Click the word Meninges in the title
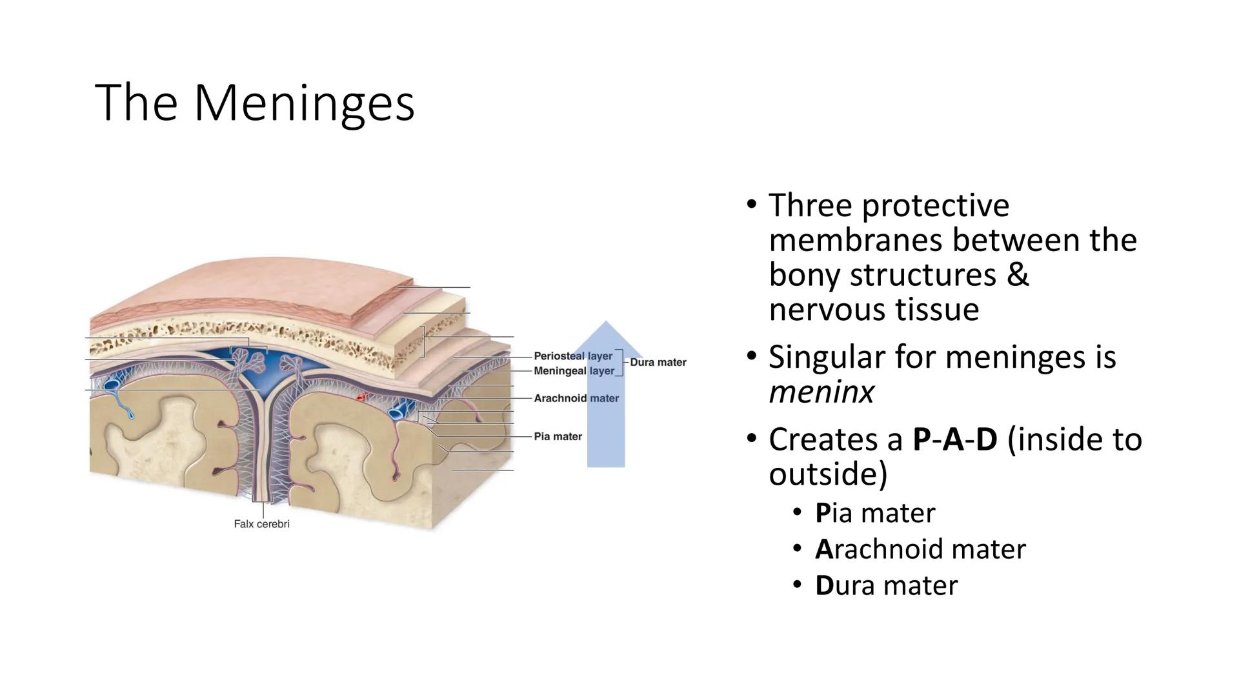click(x=303, y=103)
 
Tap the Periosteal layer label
click(x=572, y=356)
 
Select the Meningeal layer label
click(x=574, y=371)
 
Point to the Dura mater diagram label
click(x=658, y=363)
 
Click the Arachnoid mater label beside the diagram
click(x=576, y=399)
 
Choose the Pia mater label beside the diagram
click(x=558, y=437)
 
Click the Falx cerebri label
click(x=261, y=524)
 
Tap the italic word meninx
click(x=821, y=392)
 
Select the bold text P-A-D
click(x=954, y=440)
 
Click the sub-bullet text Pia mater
click(x=874, y=514)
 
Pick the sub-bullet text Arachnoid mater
click(x=920, y=550)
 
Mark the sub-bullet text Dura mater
click(x=886, y=586)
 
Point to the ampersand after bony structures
click(x=1017, y=274)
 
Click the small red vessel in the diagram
click(x=363, y=397)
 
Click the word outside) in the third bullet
click(x=828, y=475)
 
